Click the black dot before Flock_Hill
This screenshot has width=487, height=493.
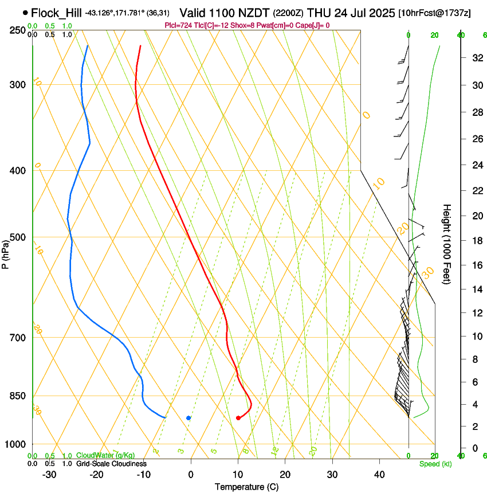25,12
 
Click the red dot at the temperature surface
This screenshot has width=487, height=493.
238,418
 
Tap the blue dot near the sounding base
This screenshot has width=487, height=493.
188,418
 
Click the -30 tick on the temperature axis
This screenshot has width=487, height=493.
49,475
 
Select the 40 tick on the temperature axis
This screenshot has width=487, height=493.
379,475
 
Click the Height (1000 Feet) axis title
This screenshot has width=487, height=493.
447,244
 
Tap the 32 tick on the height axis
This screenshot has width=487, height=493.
476,58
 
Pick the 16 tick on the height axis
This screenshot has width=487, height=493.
476,265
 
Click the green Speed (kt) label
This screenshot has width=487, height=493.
433,464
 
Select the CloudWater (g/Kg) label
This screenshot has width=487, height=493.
105,455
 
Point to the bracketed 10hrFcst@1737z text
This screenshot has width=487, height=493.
434,13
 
